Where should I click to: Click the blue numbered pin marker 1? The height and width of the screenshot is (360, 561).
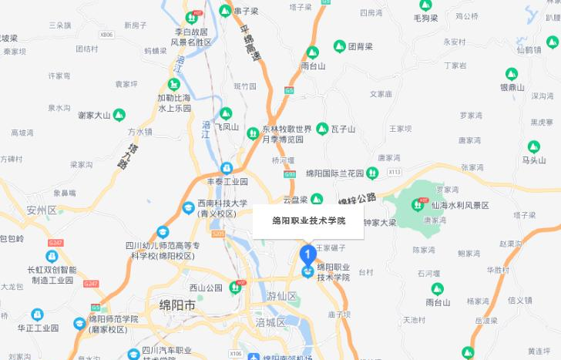[x=307, y=253]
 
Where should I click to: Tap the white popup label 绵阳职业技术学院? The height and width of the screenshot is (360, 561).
[x=309, y=220]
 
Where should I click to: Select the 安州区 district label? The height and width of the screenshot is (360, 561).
[x=42, y=210]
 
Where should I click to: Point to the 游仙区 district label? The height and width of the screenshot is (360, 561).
[x=281, y=295]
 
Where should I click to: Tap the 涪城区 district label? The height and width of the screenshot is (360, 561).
[x=270, y=321]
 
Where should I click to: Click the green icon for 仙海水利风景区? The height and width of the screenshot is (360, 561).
[x=419, y=205]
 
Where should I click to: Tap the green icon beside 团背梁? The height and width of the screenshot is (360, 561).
[x=339, y=46]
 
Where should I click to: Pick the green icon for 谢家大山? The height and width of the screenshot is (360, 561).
[x=119, y=115]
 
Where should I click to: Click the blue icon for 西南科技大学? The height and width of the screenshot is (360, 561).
[x=188, y=207]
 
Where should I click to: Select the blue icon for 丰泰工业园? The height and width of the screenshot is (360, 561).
[x=227, y=168]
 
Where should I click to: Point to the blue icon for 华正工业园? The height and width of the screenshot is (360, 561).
[x=37, y=315]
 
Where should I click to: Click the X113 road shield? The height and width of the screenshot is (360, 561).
[x=395, y=171]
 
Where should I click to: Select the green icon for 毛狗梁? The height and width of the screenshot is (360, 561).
[x=425, y=5]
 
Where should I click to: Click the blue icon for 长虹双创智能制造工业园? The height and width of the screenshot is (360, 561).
[x=52, y=256]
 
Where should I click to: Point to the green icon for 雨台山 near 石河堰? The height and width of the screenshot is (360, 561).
[x=437, y=289]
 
